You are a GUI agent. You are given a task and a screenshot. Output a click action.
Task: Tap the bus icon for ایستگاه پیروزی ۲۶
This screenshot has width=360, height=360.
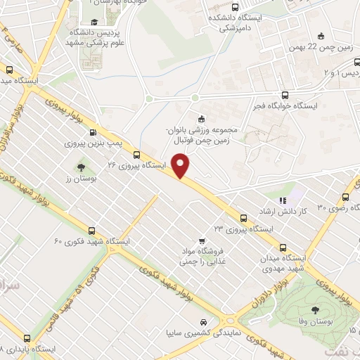(x=136, y=155)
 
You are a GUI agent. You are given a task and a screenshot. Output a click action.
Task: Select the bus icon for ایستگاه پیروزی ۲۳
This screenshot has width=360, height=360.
(x=244, y=218)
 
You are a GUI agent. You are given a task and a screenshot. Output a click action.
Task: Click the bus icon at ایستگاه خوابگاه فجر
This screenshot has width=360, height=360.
(x=284, y=94)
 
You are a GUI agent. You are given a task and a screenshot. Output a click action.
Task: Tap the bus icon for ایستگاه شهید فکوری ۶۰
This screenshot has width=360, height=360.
(x=92, y=231)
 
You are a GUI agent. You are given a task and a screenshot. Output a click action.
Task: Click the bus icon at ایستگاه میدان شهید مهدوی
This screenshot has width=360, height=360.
(x=283, y=247)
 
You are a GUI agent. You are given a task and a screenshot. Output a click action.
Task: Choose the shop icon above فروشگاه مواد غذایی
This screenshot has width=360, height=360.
(x=202, y=239)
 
